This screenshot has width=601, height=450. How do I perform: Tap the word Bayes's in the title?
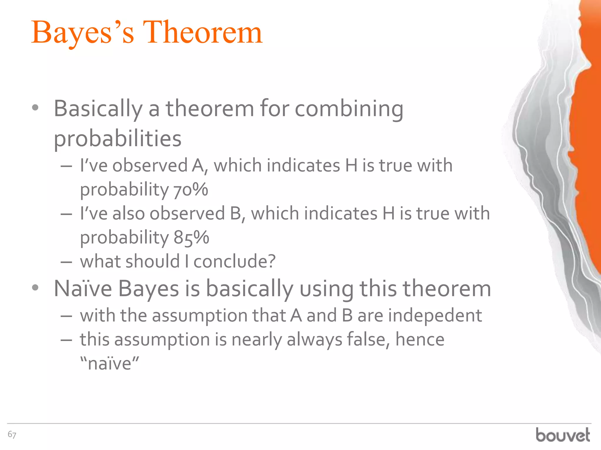tap(83, 33)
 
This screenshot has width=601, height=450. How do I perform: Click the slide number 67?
tap(12, 434)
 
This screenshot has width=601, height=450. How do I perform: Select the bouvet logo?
tap(563, 435)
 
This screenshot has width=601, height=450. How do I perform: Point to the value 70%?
tap(191, 190)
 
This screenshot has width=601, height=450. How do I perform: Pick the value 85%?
tap(191, 237)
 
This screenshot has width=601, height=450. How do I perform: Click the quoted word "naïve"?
tap(109, 363)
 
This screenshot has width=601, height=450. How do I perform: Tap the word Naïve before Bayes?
tap(83, 289)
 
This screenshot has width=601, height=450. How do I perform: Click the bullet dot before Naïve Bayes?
tap(35, 288)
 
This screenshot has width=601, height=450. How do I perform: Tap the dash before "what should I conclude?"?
tap(66, 262)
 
